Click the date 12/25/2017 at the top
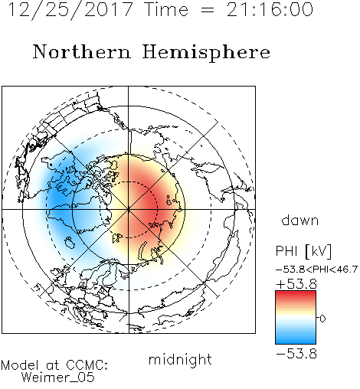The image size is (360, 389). click(x=70, y=10)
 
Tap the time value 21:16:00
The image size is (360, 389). click(x=270, y=9)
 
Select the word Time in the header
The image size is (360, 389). click(x=166, y=9)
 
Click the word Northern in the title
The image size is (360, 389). click(x=82, y=52)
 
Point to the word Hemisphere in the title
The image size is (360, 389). click(x=206, y=53)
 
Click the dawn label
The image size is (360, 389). click(x=299, y=220)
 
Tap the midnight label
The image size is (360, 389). click(x=180, y=359)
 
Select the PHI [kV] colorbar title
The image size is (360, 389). click(x=303, y=251)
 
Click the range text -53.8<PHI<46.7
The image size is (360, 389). click(x=316, y=270)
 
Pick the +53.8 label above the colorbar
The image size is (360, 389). click(x=296, y=284)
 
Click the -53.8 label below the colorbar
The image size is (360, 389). click(x=296, y=354)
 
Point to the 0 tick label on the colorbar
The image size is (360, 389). click(x=322, y=319)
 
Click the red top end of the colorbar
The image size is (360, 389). click(x=296, y=293)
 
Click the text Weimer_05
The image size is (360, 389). click(x=58, y=378)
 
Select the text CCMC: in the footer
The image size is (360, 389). click(x=87, y=365)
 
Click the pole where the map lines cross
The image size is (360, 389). click(x=129, y=210)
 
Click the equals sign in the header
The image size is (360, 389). click(x=208, y=10)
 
